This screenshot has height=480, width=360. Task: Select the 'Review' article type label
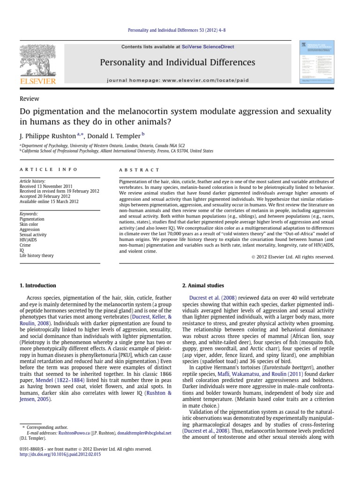(29, 99)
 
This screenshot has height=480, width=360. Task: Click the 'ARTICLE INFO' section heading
(48, 170)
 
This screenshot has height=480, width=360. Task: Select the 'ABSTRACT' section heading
(140, 170)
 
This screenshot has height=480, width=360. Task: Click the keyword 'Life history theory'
(37, 256)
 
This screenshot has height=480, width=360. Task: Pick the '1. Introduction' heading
(37, 285)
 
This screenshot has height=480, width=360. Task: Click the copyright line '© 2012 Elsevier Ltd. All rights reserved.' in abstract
(291, 257)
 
